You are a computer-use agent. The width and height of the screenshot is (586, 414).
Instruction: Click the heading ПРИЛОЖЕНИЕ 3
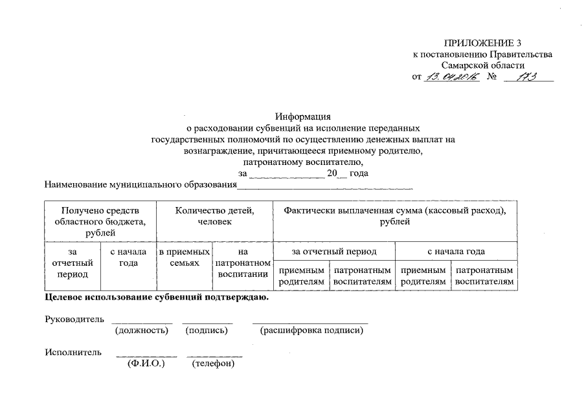(482, 43)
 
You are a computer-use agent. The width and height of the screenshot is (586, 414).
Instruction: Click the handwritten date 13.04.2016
(451, 77)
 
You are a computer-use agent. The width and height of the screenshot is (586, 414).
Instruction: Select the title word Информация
(302, 117)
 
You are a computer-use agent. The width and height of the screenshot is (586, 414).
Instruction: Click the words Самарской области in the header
(482, 65)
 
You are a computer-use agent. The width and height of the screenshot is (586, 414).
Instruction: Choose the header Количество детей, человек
(214, 216)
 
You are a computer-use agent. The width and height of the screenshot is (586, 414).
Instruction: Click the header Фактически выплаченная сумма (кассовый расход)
(395, 216)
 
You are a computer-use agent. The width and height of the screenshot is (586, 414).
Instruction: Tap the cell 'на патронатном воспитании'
(243, 263)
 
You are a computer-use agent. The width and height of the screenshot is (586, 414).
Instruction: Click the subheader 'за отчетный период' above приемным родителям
(334, 251)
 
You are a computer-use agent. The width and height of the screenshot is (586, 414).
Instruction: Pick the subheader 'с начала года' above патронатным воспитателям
(456, 251)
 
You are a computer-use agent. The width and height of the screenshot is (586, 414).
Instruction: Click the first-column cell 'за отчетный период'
(72, 263)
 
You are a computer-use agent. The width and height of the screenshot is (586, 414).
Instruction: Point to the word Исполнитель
(73, 353)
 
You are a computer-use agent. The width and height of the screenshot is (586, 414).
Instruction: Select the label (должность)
(141, 331)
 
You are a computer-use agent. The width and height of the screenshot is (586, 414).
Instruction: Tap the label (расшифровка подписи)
(311, 331)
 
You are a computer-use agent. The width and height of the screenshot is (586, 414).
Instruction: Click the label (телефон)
(214, 364)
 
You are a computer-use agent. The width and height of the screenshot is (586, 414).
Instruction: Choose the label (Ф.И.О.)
(146, 364)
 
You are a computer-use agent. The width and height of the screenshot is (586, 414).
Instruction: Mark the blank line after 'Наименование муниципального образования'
(324, 186)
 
